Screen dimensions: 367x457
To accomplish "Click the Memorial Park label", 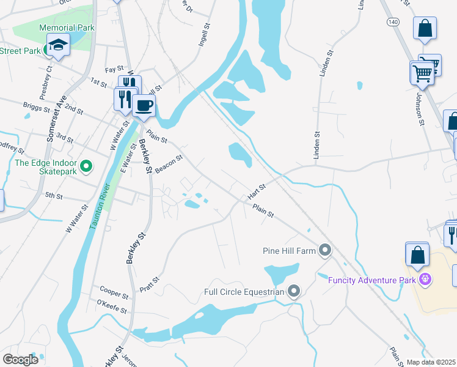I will pyautogui.click(x=67, y=28).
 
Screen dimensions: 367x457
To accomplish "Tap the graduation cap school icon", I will pyautogui.click(x=59, y=45).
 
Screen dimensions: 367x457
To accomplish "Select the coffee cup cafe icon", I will pyautogui.click(x=144, y=105).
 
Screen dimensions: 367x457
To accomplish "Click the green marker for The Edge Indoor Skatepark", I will pyautogui.click(x=86, y=165).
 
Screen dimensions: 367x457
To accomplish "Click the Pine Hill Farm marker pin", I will pyautogui.click(x=326, y=250).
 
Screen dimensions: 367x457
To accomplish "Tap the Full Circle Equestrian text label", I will pyautogui.click(x=244, y=292).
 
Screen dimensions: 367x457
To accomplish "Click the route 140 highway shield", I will pyautogui.click(x=393, y=21).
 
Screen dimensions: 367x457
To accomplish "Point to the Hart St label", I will pyautogui.click(x=257, y=191).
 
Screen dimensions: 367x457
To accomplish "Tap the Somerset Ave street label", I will pyautogui.click(x=54, y=121).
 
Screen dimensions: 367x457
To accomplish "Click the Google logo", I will pyautogui.click(x=20, y=360).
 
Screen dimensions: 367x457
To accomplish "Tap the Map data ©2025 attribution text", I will pyautogui.click(x=431, y=362).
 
